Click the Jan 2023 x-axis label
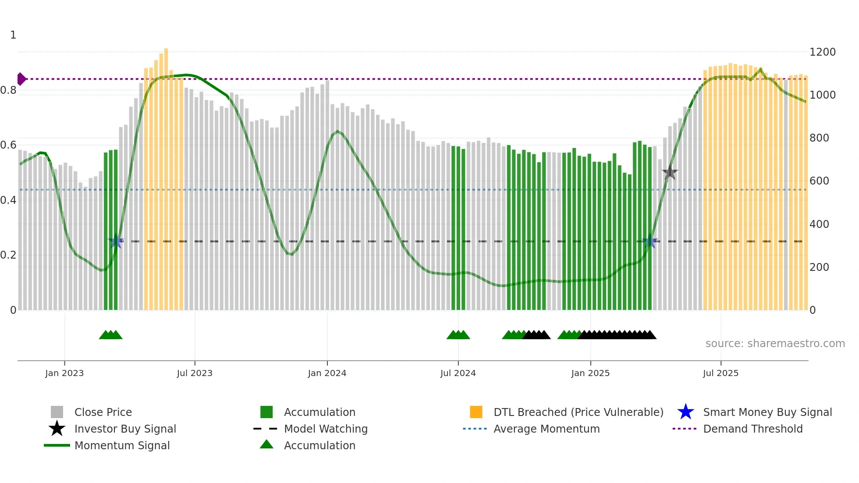pyautogui.click(x=64, y=373)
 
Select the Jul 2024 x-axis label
pyautogui.click(x=458, y=373)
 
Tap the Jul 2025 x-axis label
pyautogui.click(x=721, y=373)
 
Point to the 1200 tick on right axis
pyautogui.click(x=822, y=52)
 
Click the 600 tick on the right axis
pyautogui.click(x=819, y=181)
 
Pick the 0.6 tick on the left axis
pyautogui.click(x=9, y=145)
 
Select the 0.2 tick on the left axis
pyautogui.click(x=9, y=255)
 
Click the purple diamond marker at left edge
pyautogui.click(x=21, y=79)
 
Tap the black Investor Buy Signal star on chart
pyautogui.click(x=670, y=173)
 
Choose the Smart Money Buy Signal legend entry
pyautogui.click(x=767, y=412)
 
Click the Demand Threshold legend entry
pyautogui.click(x=753, y=429)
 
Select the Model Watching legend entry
pyautogui.click(x=325, y=429)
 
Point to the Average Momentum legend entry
pyautogui.click(x=546, y=429)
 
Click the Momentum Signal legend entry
pyautogui.click(x=122, y=445)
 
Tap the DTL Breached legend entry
pyautogui.click(x=578, y=412)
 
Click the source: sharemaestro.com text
pyautogui.click(x=775, y=344)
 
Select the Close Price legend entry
pyautogui.click(x=103, y=412)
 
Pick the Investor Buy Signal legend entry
pyautogui.click(x=125, y=429)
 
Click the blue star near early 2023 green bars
pyautogui.click(x=116, y=241)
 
